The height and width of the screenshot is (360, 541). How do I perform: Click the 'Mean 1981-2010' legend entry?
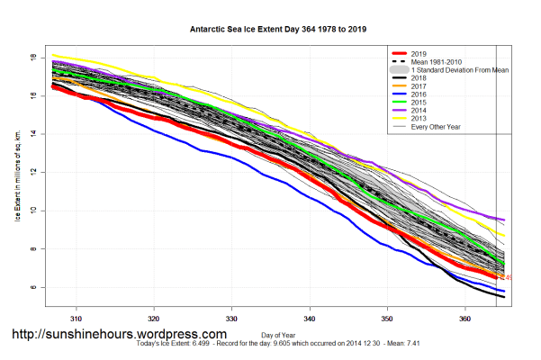tap(437, 60)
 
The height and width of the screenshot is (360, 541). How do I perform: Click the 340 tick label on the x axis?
tap(309, 319)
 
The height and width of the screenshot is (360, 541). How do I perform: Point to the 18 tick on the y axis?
tap(32, 57)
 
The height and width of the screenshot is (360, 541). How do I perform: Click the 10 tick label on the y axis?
tap(32, 211)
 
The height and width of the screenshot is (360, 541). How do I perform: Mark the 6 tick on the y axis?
tap(32, 288)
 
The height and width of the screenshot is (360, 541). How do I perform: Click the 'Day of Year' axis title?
tap(270, 336)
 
